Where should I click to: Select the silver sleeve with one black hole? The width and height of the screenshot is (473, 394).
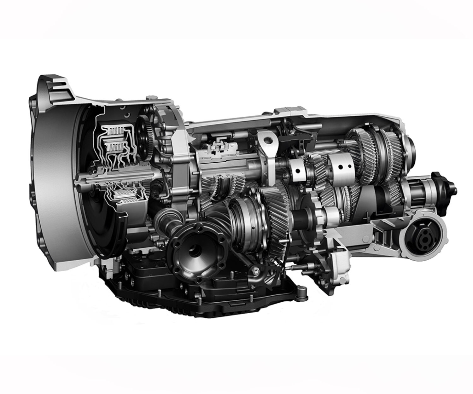pos(297,171)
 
